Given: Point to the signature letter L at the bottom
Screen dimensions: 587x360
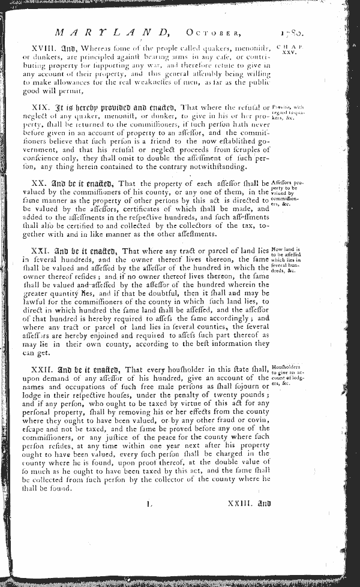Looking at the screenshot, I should click(148, 505).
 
